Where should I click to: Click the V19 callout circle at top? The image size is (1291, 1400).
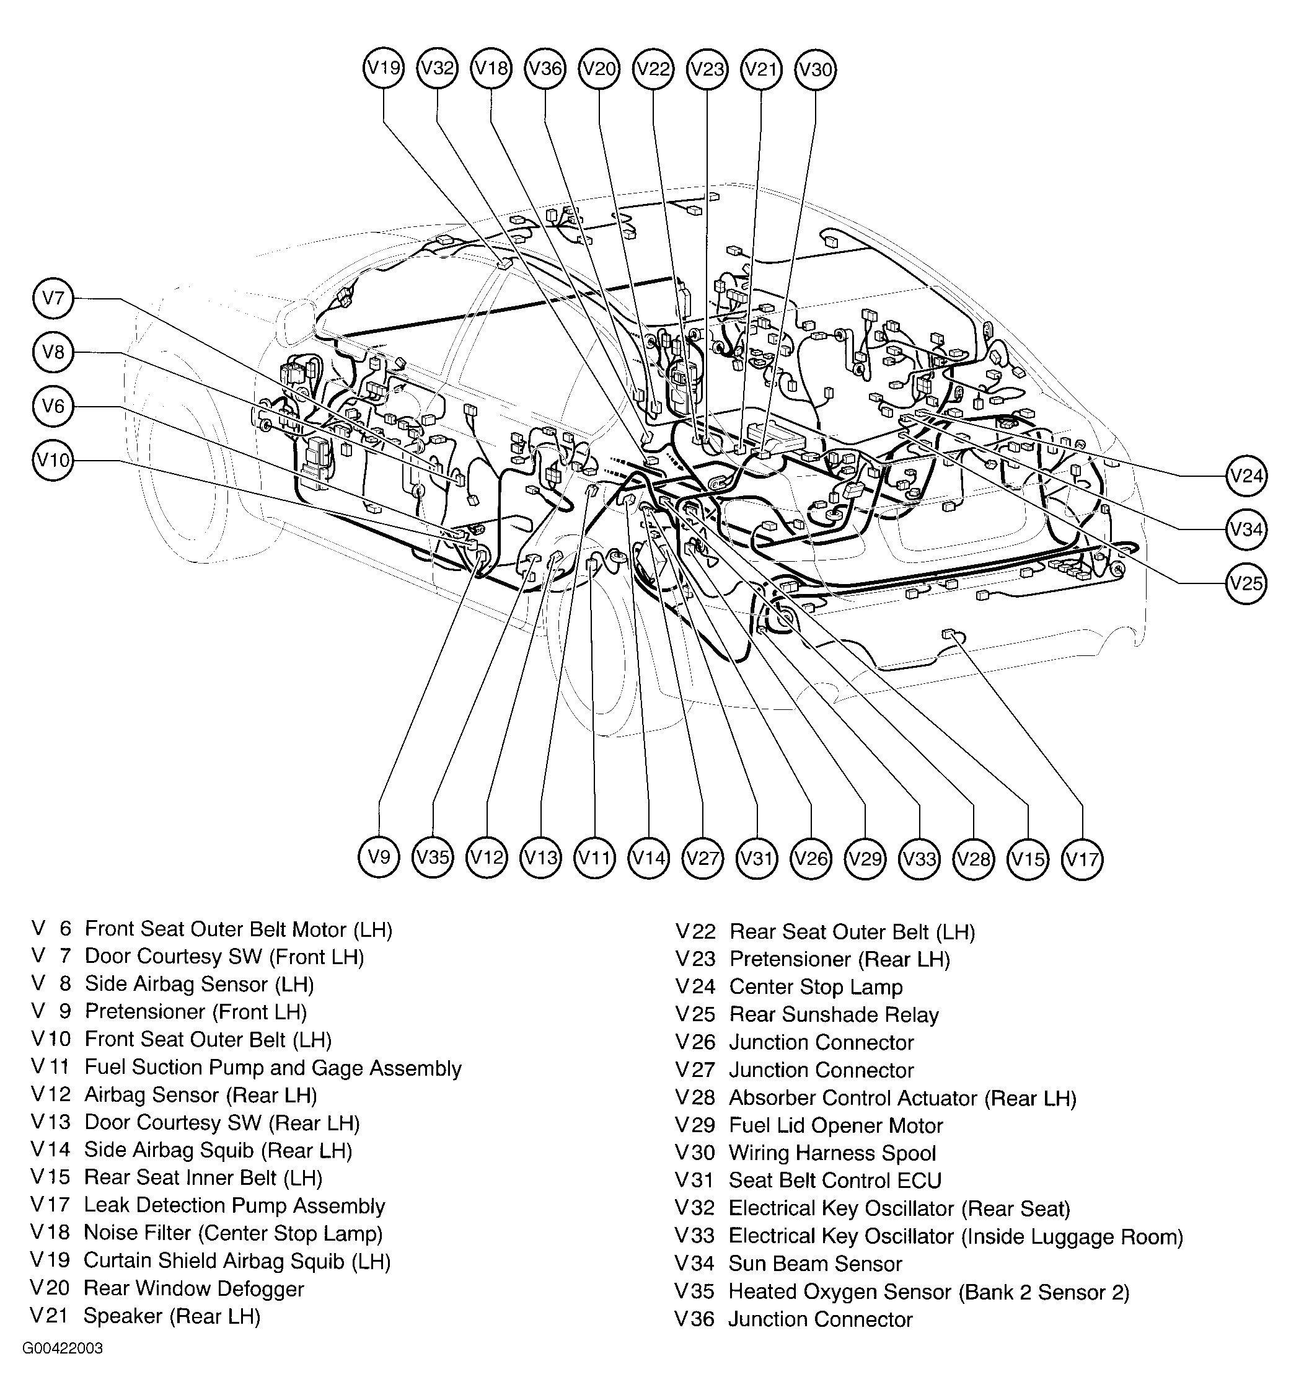(x=384, y=68)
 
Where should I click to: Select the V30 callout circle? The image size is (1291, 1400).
(x=815, y=70)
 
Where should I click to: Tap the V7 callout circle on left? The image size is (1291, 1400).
(x=53, y=298)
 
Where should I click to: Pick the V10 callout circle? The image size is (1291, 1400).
(x=53, y=460)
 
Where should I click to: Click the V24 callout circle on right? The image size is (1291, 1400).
(x=1246, y=476)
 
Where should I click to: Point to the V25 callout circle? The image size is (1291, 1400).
(x=1246, y=583)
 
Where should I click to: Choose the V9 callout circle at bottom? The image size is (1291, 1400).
(x=379, y=857)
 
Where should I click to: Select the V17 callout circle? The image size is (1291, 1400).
(x=1082, y=858)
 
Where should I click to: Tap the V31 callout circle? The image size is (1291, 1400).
(x=757, y=858)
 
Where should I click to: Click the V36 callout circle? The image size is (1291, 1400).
(x=545, y=68)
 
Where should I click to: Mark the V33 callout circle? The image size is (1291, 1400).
(x=919, y=858)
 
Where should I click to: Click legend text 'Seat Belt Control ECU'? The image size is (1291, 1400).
(x=835, y=1181)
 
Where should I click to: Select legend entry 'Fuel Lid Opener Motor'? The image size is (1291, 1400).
(x=835, y=1125)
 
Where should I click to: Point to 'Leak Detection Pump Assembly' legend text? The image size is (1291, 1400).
(x=234, y=1206)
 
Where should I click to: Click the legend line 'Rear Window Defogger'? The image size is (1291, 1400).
(x=193, y=1289)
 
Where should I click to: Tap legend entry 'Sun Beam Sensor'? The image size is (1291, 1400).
(x=814, y=1264)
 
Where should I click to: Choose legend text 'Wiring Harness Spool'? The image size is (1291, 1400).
(x=832, y=1153)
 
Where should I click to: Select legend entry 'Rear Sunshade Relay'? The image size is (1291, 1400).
(x=834, y=1015)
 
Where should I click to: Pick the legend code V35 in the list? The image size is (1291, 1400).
(x=694, y=1291)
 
